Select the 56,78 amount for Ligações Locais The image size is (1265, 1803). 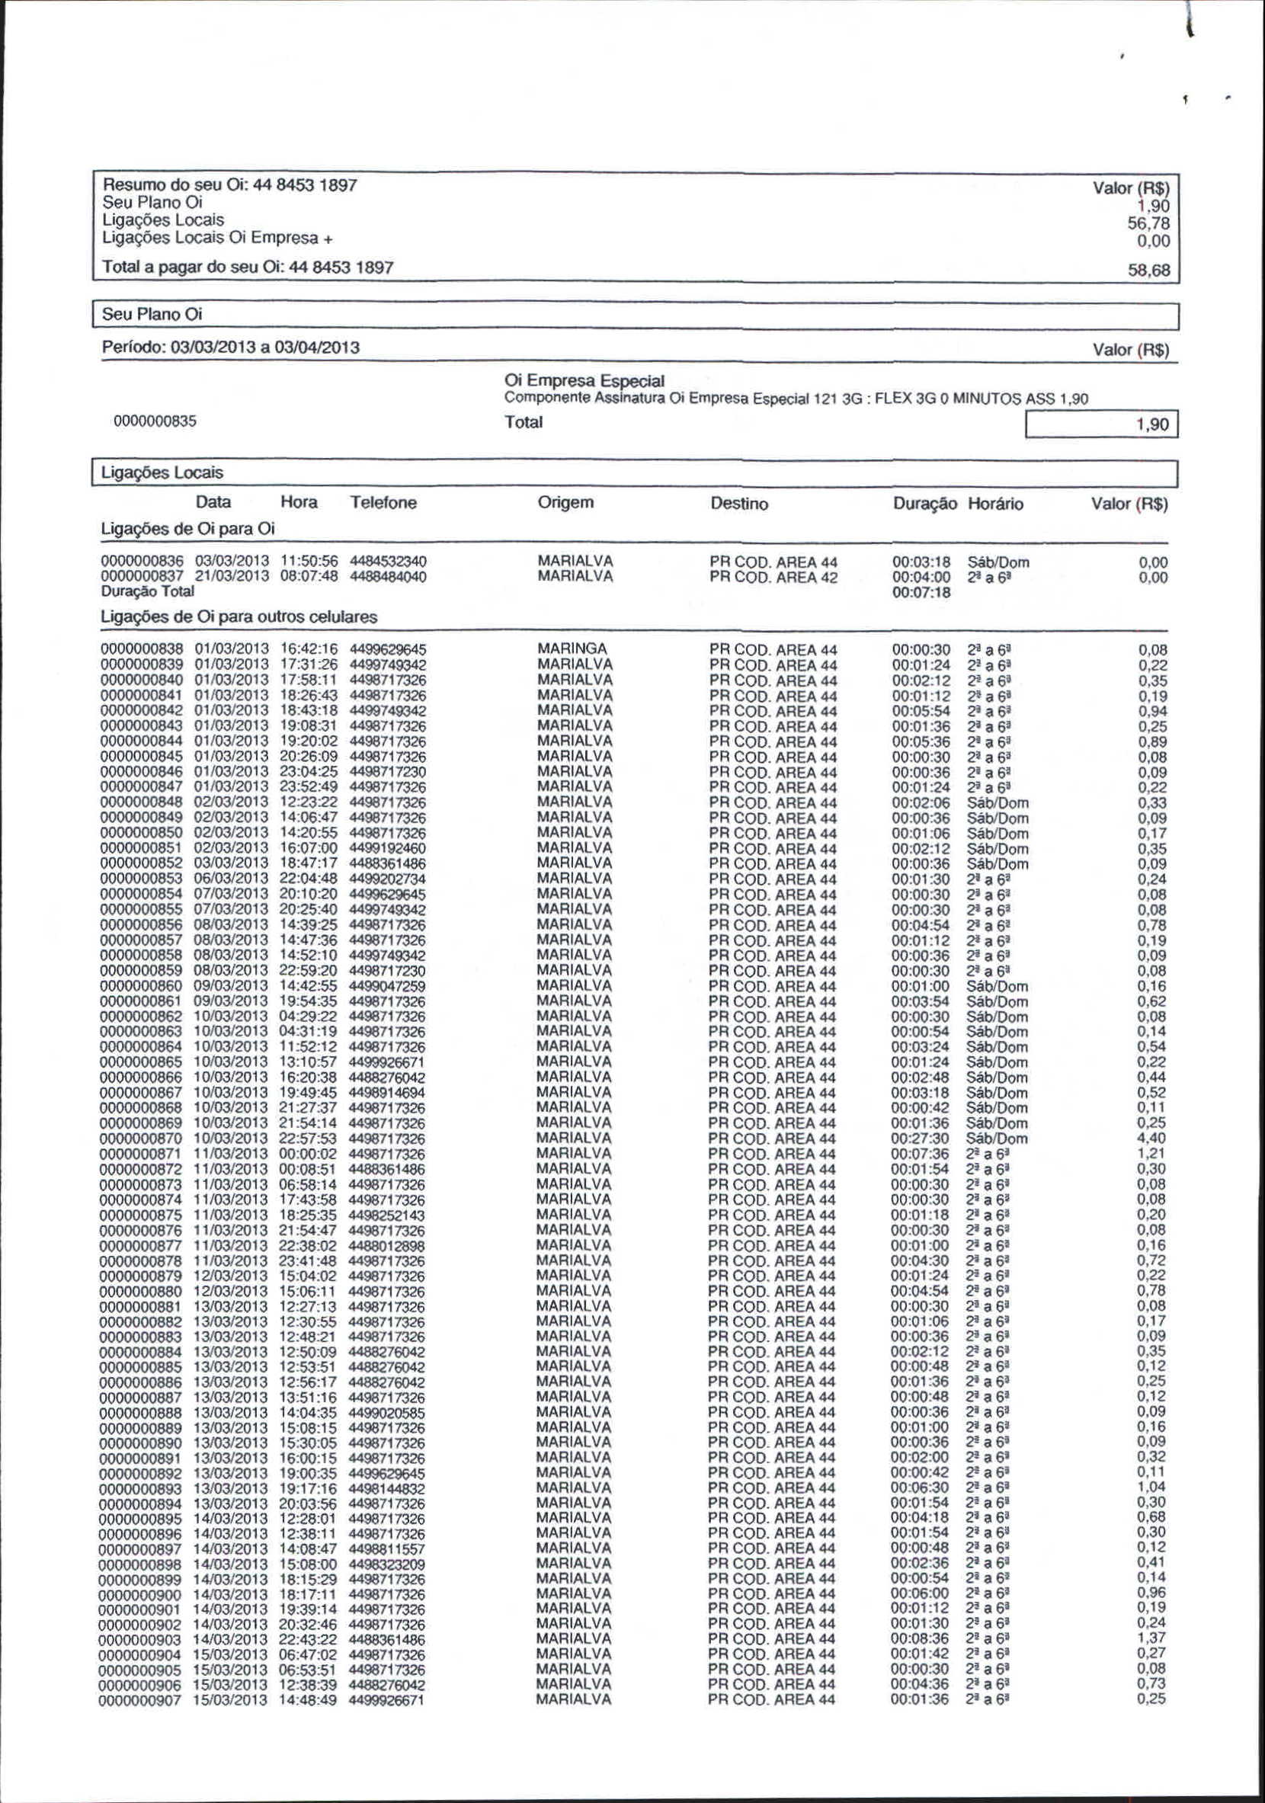pyautogui.click(x=1148, y=224)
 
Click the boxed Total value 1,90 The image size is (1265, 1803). pyautogui.click(x=1153, y=424)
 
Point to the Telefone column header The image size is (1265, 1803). pyautogui.click(x=383, y=503)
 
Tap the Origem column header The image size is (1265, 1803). pyautogui.click(x=565, y=503)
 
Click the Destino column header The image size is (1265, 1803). pyautogui.click(x=738, y=504)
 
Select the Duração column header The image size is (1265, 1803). pyautogui.click(x=925, y=504)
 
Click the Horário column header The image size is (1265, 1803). pyautogui.click(x=996, y=504)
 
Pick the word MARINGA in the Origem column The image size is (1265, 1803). pyautogui.click(x=572, y=649)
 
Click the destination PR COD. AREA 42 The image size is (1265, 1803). pyautogui.click(x=773, y=578)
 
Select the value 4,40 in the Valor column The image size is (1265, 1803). pyautogui.click(x=1152, y=1138)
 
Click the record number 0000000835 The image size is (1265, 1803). pyautogui.click(x=155, y=421)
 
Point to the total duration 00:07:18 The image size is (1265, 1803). pyautogui.click(x=921, y=593)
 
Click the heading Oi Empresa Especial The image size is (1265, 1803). pyautogui.click(x=585, y=381)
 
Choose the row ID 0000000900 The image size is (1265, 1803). pyautogui.click(x=140, y=1594)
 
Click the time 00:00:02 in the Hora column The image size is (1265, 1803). pyautogui.click(x=309, y=1154)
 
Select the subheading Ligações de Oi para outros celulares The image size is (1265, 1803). pyautogui.click(x=239, y=617)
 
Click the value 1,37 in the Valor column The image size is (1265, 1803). pyautogui.click(x=1152, y=1640)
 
